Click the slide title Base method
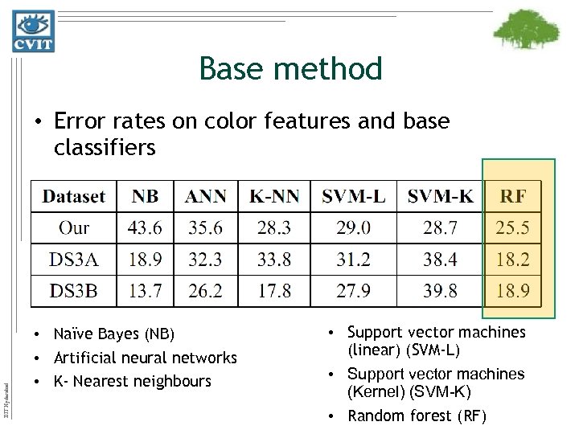pyautogui.click(x=290, y=69)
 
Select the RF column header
pyautogui.click(x=514, y=195)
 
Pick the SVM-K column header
pyautogui.click(x=441, y=195)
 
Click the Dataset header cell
pyautogui.click(x=74, y=195)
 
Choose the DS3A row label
pyautogui.click(x=74, y=259)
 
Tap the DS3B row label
pyautogui.click(x=74, y=291)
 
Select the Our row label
pyautogui.click(x=74, y=227)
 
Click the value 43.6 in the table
pyautogui.click(x=145, y=227)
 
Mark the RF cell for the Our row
pyautogui.click(x=514, y=227)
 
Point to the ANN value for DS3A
pyautogui.click(x=205, y=259)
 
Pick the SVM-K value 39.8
pyautogui.click(x=441, y=291)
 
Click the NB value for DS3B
pyautogui.click(x=145, y=291)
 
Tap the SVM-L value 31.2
pyautogui.click(x=354, y=259)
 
